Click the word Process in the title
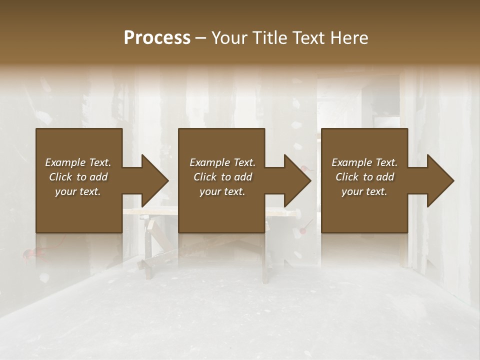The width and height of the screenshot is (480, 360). pyautogui.click(x=157, y=37)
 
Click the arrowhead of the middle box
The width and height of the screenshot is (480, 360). pyautogui.click(x=297, y=180)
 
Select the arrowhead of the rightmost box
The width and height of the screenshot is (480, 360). pyautogui.click(x=440, y=180)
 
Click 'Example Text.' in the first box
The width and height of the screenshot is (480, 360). pyautogui.click(x=78, y=162)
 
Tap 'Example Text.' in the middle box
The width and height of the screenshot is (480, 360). pyautogui.click(x=222, y=162)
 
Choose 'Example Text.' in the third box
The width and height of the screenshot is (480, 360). pyautogui.click(x=364, y=162)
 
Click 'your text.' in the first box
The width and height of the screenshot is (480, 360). pyautogui.click(x=78, y=191)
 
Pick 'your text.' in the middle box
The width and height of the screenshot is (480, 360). pyautogui.click(x=222, y=191)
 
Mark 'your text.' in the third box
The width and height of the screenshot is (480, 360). pyautogui.click(x=364, y=191)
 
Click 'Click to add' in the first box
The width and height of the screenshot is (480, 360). pyautogui.click(x=78, y=177)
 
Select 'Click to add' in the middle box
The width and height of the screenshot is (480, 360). pyautogui.click(x=222, y=177)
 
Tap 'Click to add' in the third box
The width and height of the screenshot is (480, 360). pyautogui.click(x=364, y=177)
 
